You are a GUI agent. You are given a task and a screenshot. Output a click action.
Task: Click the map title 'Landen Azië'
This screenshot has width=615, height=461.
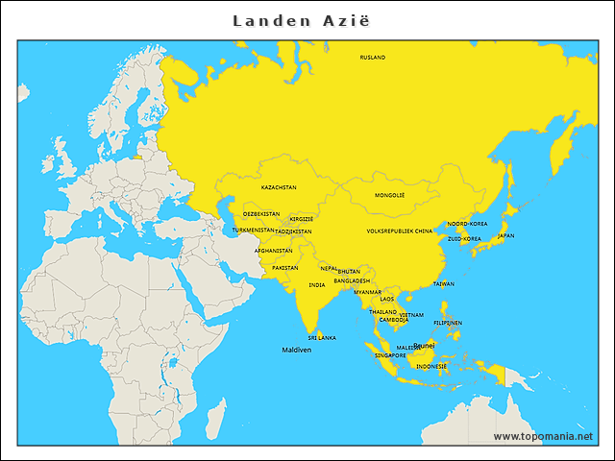[301, 20]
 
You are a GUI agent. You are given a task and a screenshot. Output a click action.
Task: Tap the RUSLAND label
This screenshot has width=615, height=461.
[372, 58]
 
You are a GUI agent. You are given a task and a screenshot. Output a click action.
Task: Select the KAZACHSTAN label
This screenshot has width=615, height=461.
[279, 187]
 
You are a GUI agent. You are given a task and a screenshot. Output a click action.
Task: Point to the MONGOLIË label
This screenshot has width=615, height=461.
[389, 195]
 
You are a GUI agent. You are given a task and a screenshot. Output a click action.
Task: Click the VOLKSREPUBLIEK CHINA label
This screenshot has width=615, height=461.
[400, 231]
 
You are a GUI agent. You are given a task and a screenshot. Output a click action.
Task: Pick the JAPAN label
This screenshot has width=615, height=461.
[505, 235]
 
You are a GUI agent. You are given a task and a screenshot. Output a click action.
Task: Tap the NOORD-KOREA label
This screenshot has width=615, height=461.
[467, 224]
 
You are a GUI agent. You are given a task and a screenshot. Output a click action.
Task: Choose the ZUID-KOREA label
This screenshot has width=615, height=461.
[464, 238]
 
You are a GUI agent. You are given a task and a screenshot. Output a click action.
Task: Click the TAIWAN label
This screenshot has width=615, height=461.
[444, 284]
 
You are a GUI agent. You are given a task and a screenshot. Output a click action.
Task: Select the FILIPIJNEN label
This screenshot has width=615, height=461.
[448, 323]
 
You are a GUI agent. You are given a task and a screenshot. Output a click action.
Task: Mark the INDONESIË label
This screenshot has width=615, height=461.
[430, 366]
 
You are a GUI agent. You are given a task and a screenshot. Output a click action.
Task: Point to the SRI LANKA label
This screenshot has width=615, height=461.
[322, 338]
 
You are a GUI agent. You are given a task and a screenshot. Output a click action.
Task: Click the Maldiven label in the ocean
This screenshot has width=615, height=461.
[297, 351]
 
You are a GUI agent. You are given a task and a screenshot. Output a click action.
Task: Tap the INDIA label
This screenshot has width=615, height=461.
[317, 285]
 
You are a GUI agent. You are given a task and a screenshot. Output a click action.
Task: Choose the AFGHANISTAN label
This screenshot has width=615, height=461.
[273, 251]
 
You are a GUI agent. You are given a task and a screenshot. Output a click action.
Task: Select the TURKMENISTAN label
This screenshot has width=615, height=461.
[254, 230]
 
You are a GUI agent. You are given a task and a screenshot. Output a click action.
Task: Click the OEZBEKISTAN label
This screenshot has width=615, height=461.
[261, 214]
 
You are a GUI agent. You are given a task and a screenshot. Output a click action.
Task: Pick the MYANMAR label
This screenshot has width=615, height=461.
[368, 292]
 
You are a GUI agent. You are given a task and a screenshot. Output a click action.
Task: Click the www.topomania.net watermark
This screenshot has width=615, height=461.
[543, 436]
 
